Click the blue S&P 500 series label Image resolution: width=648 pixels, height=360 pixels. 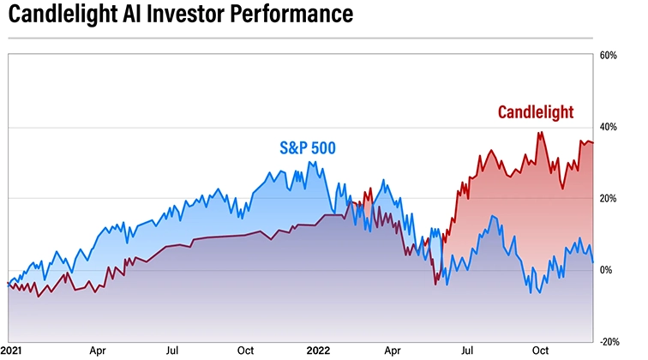pyautogui.click(x=306, y=147)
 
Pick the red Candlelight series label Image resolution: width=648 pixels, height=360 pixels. pyautogui.click(x=535, y=112)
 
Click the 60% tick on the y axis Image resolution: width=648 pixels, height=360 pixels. pyautogui.click(x=609, y=56)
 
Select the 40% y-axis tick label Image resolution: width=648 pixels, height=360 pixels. pyautogui.click(x=609, y=127)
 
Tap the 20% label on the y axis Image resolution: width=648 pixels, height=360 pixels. pyautogui.click(x=609, y=199)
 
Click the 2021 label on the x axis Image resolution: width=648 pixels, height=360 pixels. pyautogui.click(x=12, y=351)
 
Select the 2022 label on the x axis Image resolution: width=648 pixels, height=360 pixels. pyautogui.click(x=319, y=351)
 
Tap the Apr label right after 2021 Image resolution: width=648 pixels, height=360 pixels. pyautogui.click(x=97, y=351)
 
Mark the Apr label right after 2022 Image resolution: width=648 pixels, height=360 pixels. pyautogui.click(x=392, y=351)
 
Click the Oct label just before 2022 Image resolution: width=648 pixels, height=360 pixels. pyautogui.click(x=245, y=351)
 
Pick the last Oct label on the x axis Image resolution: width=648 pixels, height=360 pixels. pyautogui.click(x=540, y=351)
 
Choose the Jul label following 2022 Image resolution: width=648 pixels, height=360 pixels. pyautogui.click(x=468, y=351)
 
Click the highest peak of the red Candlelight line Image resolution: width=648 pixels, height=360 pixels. pyautogui.click(x=540, y=132)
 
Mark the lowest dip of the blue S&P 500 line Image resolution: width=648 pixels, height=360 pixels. pyautogui.click(x=538, y=293)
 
